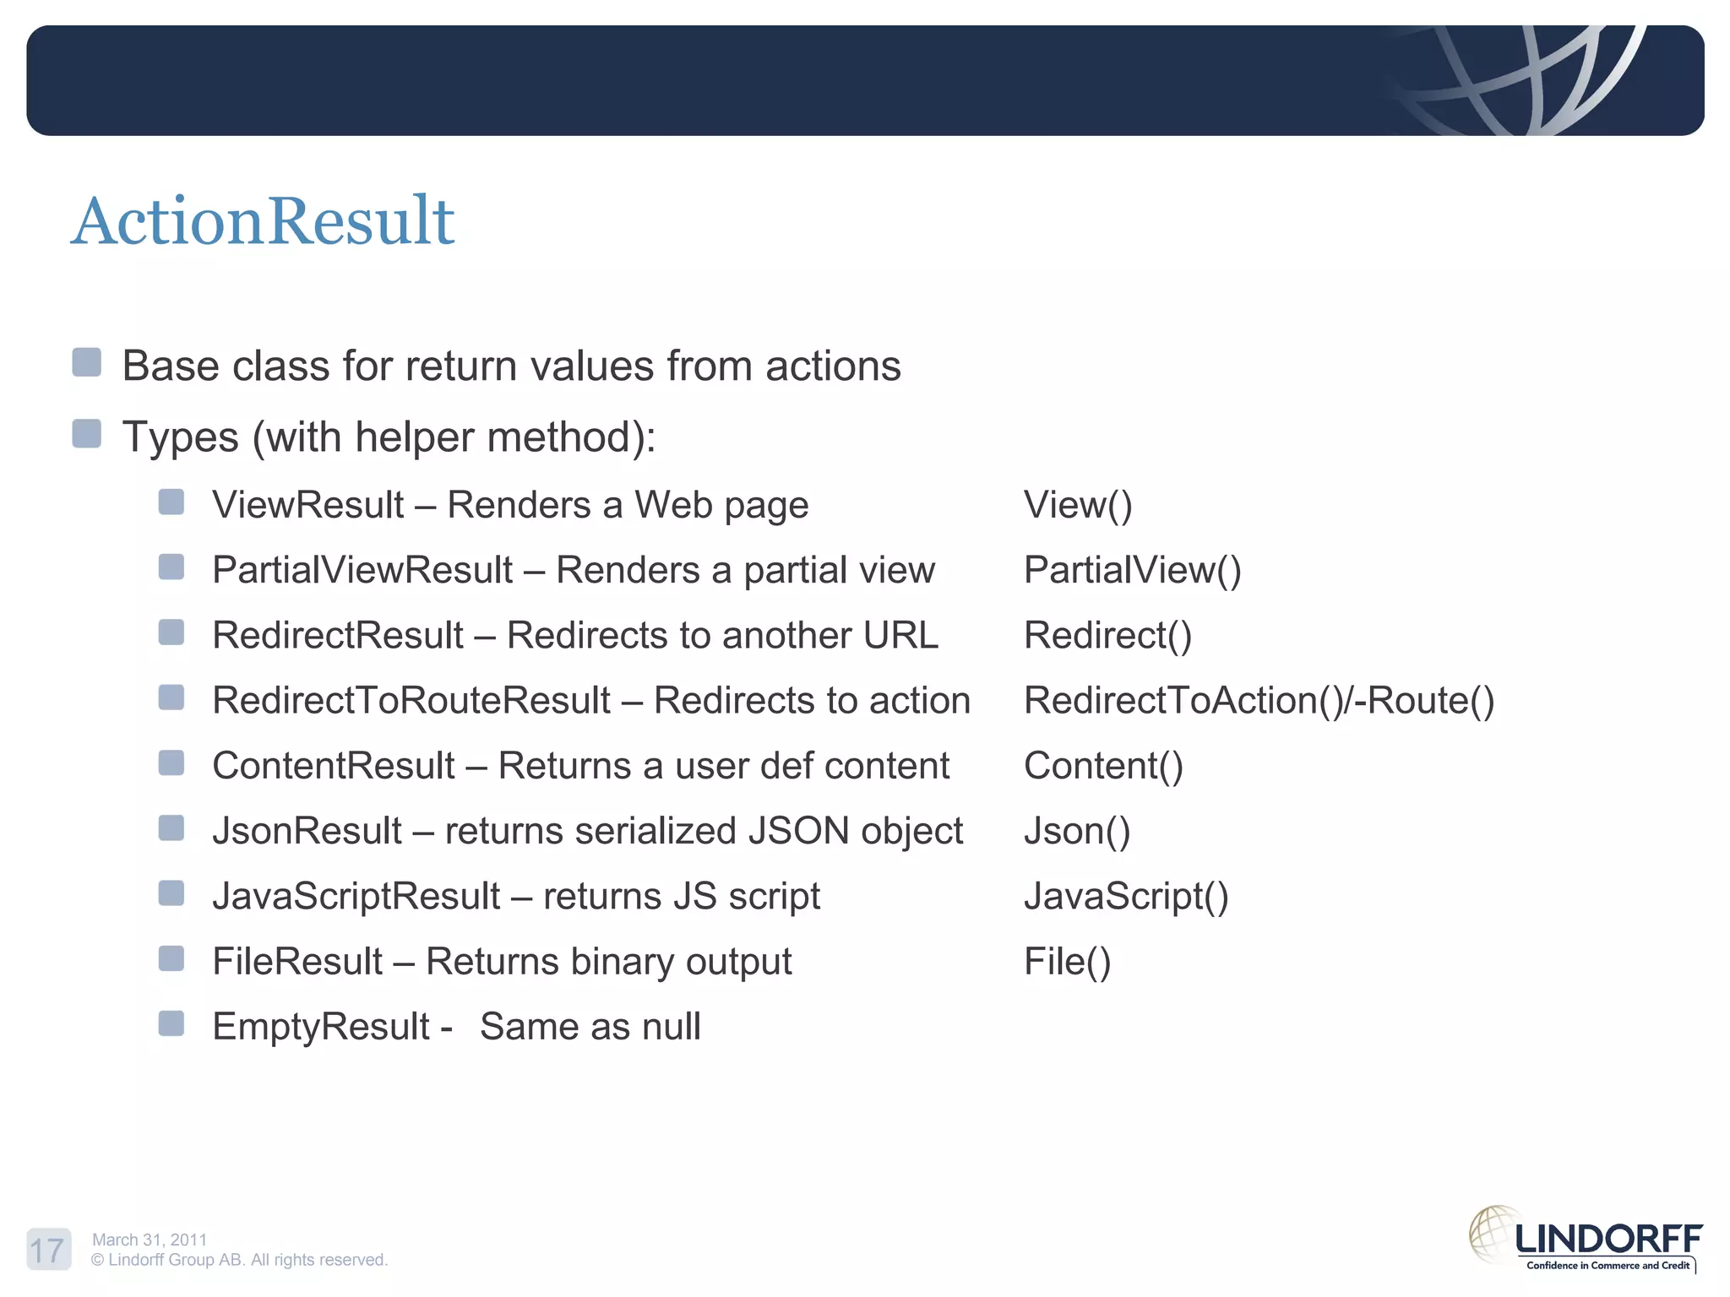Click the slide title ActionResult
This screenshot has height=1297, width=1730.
(x=263, y=221)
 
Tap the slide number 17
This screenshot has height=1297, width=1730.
(x=47, y=1250)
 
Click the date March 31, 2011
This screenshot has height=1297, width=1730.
(x=150, y=1240)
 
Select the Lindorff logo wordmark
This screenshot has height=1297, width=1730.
(x=1608, y=1239)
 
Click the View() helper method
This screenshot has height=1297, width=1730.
(x=1078, y=505)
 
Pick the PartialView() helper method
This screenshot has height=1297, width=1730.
(x=1132, y=570)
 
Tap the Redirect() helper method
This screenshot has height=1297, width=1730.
(x=1107, y=635)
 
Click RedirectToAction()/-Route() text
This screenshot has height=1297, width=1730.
(x=1259, y=700)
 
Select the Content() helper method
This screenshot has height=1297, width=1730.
(x=1103, y=766)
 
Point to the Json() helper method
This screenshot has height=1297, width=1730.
(x=1077, y=831)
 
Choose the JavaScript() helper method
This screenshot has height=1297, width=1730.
(x=1126, y=896)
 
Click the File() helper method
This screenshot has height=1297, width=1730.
(x=1067, y=962)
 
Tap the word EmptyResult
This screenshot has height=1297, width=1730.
(x=321, y=1027)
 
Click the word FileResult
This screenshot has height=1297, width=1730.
(x=297, y=962)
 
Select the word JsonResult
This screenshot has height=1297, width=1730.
(x=307, y=831)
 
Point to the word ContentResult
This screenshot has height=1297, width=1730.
(x=334, y=766)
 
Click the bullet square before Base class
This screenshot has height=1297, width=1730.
(x=87, y=362)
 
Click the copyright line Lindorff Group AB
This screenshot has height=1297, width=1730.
(x=239, y=1260)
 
